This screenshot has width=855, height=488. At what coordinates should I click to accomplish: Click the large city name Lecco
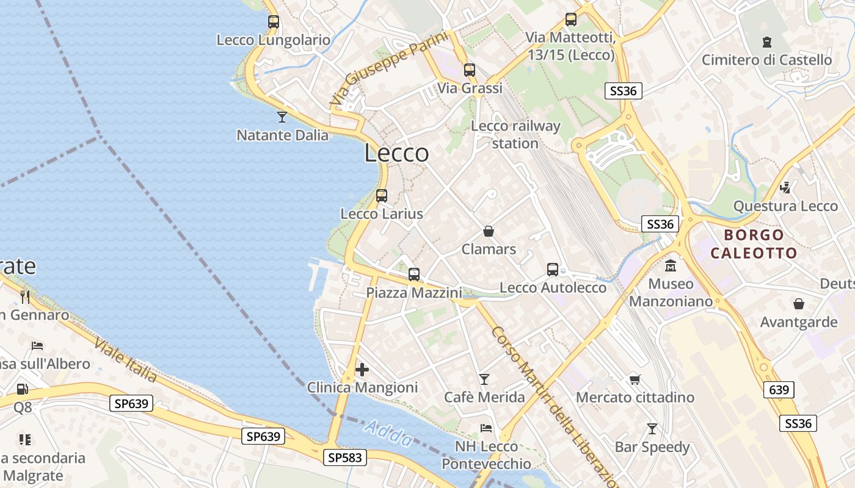(396, 152)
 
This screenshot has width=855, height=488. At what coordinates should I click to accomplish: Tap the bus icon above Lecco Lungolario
(274, 22)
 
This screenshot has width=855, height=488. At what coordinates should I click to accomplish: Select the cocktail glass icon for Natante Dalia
(282, 117)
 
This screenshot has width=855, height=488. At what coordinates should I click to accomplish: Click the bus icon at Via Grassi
(469, 70)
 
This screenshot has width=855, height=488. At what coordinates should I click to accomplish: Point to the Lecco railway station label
(515, 135)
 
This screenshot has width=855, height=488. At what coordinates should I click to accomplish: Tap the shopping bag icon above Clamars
(489, 231)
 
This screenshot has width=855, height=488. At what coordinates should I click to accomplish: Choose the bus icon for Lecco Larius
(382, 196)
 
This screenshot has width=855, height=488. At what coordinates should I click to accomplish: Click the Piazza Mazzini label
(414, 293)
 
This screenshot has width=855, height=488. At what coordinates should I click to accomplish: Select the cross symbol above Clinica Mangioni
(362, 370)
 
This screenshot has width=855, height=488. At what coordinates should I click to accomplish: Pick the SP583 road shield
(345, 457)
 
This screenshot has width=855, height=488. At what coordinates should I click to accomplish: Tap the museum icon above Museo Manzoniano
(671, 266)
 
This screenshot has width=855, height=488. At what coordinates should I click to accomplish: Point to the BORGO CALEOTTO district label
(754, 244)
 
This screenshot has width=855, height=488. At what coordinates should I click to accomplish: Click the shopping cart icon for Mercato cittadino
(635, 380)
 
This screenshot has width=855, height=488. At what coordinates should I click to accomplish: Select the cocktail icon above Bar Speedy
(652, 429)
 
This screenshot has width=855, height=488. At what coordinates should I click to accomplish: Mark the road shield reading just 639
(779, 389)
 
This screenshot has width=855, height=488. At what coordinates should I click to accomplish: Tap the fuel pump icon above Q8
(22, 389)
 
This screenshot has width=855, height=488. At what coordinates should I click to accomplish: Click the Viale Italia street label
(125, 361)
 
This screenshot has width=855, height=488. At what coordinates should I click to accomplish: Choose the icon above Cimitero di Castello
(766, 42)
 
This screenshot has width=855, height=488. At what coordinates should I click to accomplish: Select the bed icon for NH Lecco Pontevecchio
(486, 428)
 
